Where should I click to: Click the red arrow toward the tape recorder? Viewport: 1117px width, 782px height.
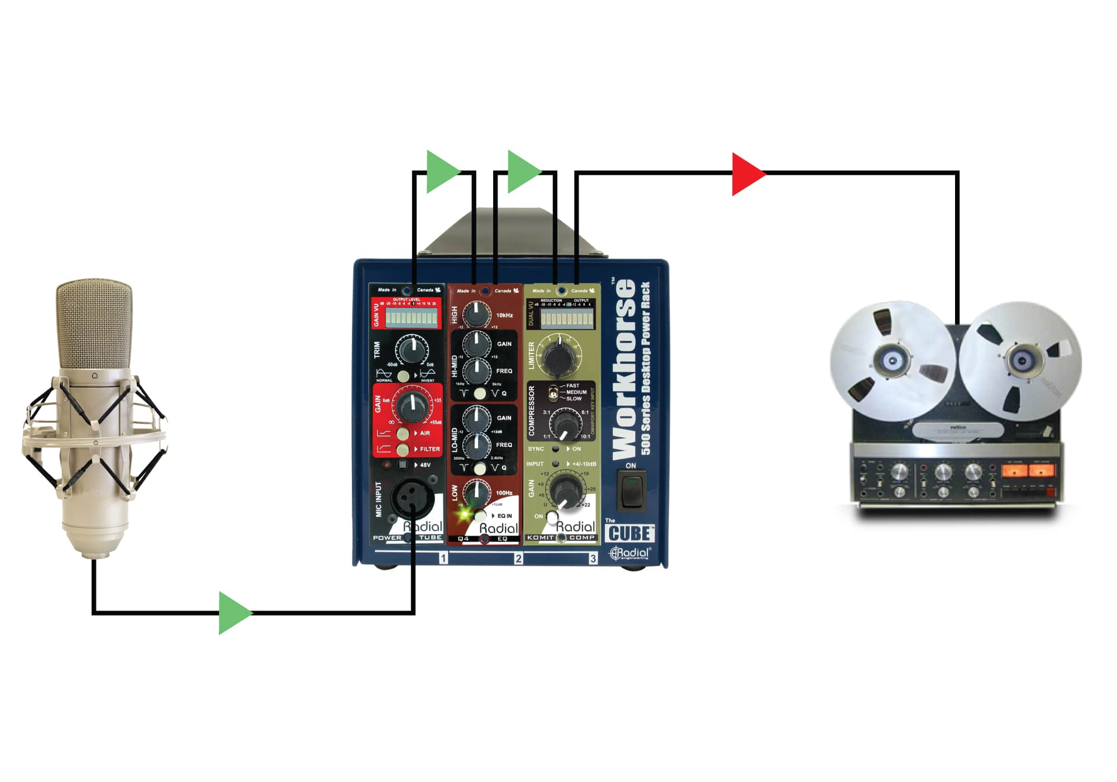(x=746, y=174)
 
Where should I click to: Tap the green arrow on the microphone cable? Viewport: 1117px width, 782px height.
(x=233, y=613)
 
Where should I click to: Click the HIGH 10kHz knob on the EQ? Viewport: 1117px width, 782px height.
(x=476, y=314)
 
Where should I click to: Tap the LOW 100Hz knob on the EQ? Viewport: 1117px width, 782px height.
(x=476, y=493)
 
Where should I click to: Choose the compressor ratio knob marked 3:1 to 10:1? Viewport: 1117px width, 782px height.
(x=565, y=424)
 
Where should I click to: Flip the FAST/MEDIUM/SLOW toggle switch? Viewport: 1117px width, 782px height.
(x=552, y=392)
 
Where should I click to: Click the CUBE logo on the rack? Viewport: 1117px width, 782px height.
(x=629, y=533)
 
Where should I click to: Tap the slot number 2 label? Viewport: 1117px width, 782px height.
(x=518, y=559)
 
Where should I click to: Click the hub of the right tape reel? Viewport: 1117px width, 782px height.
(x=1021, y=360)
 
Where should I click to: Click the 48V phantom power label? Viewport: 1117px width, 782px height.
(x=425, y=465)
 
